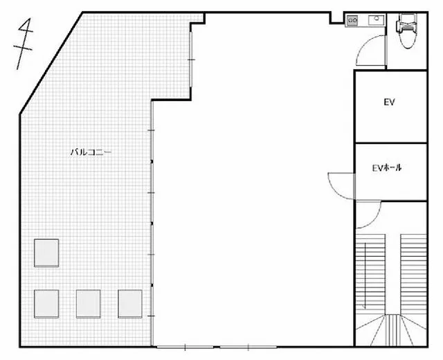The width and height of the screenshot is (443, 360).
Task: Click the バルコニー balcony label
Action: click(x=91, y=152)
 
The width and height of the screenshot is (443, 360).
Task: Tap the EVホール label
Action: click(x=386, y=168)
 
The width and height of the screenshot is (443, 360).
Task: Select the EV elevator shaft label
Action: click(x=389, y=102)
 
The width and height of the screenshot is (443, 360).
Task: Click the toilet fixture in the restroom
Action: click(x=407, y=30)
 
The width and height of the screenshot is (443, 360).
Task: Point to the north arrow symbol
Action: click(x=24, y=44)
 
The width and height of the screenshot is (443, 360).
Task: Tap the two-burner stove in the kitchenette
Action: click(x=352, y=20)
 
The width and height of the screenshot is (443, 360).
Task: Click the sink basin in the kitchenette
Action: click(x=376, y=19)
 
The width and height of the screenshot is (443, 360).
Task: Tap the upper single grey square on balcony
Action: click(x=46, y=253)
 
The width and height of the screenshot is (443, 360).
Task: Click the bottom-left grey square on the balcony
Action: click(x=46, y=304)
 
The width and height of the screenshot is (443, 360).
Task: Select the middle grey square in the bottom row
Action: click(x=89, y=304)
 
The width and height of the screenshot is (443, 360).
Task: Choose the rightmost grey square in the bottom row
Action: click(x=130, y=304)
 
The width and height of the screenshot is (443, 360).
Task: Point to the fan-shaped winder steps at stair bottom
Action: click(x=391, y=330)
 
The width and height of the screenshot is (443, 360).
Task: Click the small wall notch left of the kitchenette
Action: click(x=337, y=18)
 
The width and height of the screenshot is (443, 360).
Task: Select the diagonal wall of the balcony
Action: click(x=51, y=63)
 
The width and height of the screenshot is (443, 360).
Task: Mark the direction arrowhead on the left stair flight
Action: click(x=364, y=307)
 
